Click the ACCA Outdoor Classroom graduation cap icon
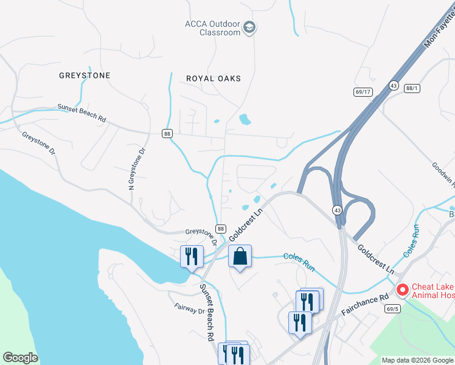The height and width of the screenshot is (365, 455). pyautogui.click(x=249, y=27)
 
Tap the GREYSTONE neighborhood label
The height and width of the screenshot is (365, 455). pyautogui.click(x=85, y=75)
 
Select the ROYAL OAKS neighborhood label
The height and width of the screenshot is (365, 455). pyautogui.click(x=214, y=78)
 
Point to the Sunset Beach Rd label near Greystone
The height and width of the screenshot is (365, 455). pyautogui.click(x=82, y=114)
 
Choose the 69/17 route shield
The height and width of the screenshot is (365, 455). pyautogui.click(x=363, y=92)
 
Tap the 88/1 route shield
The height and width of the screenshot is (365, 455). pyautogui.click(x=412, y=88)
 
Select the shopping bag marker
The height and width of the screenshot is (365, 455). pyautogui.click(x=240, y=257)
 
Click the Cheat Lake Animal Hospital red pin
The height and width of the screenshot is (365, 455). pyautogui.click(x=402, y=291)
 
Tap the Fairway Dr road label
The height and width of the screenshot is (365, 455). pyautogui.click(x=189, y=310)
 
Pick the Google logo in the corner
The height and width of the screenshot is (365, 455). pyautogui.click(x=20, y=358)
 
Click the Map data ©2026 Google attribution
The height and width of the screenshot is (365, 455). pyautogui.click(x=417, y=360)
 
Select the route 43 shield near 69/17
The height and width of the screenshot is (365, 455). pyautogui.click(x=394, y=86)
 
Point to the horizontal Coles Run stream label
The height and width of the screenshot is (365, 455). pyautogui.click(x=299, y=257)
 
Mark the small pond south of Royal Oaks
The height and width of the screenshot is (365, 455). pyautogui.click(x=245, y=119)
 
